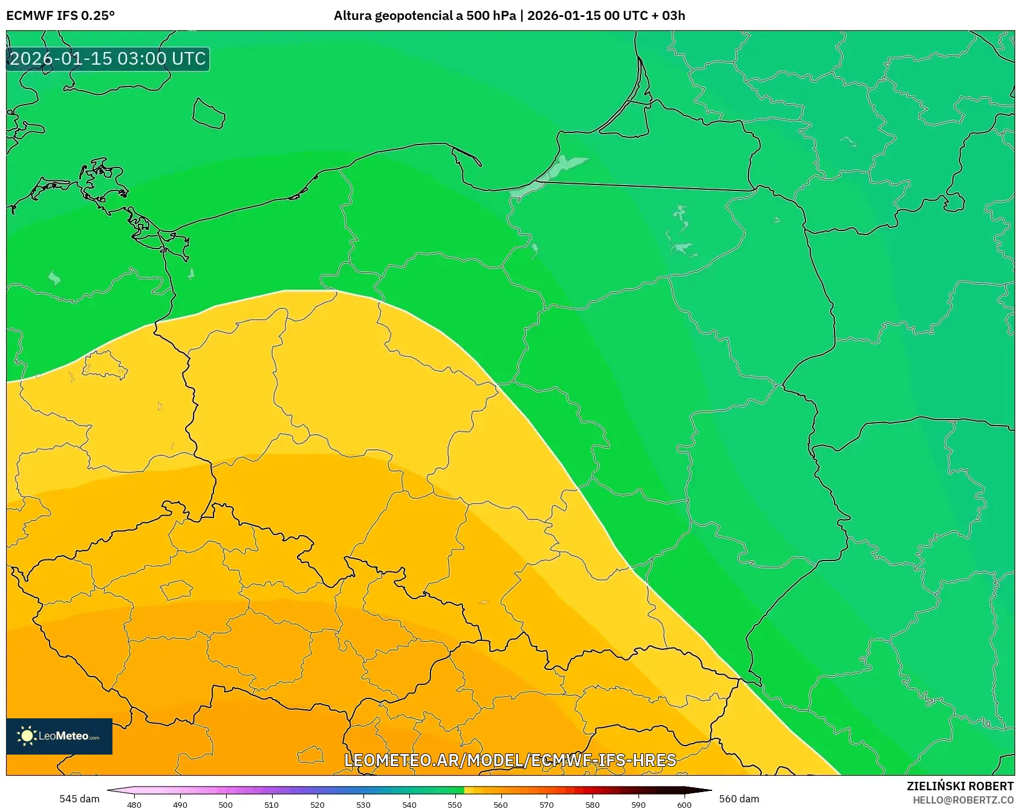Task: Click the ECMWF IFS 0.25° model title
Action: click(x=60, y=16)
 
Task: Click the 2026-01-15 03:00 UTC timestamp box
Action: click(x=108, y=59)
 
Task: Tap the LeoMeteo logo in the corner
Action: click(x=59, y=736)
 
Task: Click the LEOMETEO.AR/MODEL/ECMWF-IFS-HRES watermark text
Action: click(x=510, y=760)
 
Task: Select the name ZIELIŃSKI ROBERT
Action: click(x=960, y=786)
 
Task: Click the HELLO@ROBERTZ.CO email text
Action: click(x=963, y=800)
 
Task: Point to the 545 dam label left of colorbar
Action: click(x=79, y=799)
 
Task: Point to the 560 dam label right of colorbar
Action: click(x=739, y=799)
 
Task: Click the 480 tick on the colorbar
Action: click(x=134, y=805)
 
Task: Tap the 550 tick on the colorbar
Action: click(x=455, y=805)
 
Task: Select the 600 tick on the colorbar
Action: click(x=684, y=805)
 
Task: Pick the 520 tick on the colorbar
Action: click(x=317, y=805)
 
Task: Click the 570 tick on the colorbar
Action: click(x=547, y=805)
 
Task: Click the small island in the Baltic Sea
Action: click(x=209, y=114)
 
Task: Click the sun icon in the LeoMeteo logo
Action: click(x=27, y=736)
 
